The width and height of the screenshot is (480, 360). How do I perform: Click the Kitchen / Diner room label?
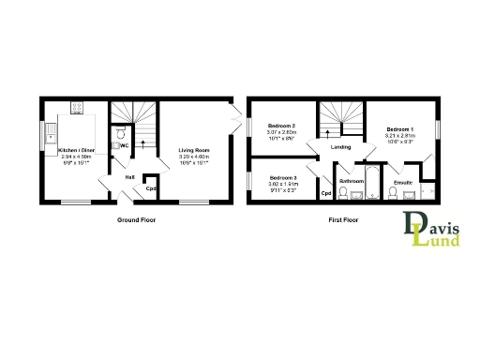74,150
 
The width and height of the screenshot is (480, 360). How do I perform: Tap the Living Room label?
194,149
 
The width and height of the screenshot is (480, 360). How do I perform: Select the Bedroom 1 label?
399,128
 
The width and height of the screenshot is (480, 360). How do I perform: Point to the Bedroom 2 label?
281,126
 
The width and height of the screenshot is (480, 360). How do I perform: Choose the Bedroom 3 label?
282,178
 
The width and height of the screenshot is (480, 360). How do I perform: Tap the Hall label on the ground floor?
131,175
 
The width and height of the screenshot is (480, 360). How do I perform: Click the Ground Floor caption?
136,220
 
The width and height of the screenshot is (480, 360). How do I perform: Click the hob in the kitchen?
74,105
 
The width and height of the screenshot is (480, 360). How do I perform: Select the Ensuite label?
403,181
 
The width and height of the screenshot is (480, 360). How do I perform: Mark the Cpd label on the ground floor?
150,189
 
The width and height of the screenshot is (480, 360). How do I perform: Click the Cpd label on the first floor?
326,194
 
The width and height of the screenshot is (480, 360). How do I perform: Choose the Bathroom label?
351,181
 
